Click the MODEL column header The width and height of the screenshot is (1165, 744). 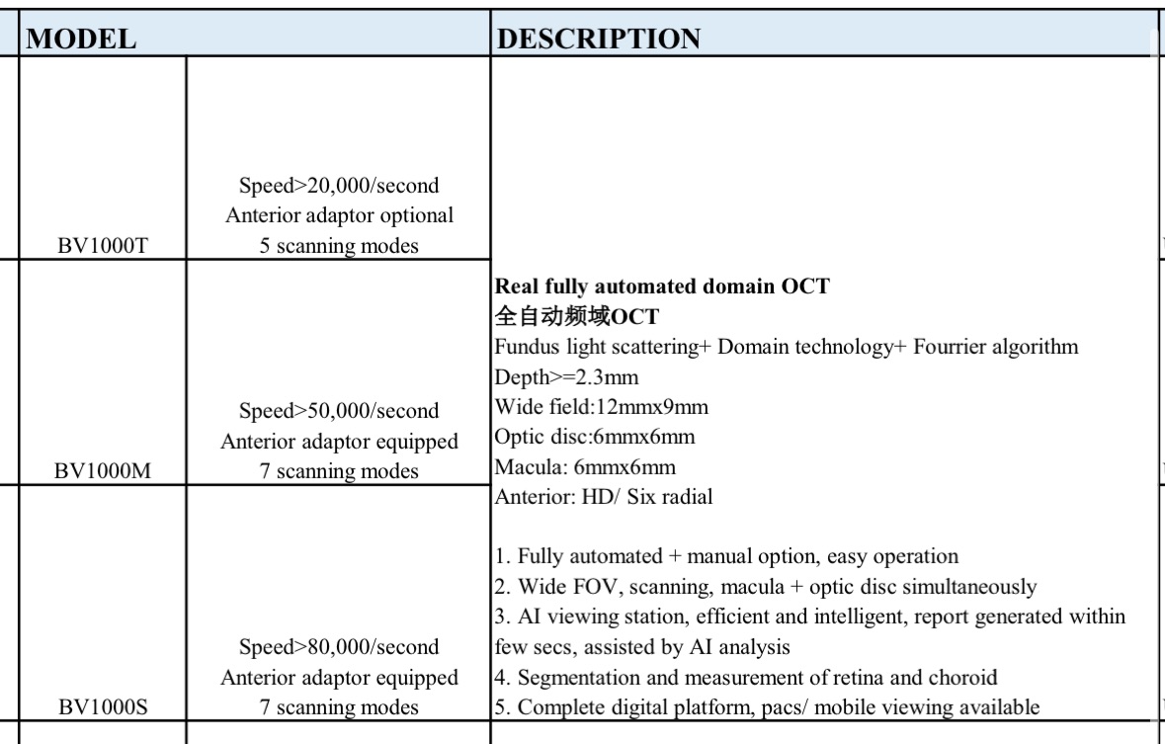[80, 39]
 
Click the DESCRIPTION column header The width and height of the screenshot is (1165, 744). [598, 39]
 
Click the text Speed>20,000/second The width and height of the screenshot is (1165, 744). [339, 185]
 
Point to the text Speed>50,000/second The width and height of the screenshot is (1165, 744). [339, 410]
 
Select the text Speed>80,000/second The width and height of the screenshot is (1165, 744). [339, 646]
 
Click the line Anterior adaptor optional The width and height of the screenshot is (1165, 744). [339, 215]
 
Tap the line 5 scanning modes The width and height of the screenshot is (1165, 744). [339, 246]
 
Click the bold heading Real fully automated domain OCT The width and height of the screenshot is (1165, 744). [661, 287]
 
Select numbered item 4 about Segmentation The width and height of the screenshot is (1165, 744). [757, 677]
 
